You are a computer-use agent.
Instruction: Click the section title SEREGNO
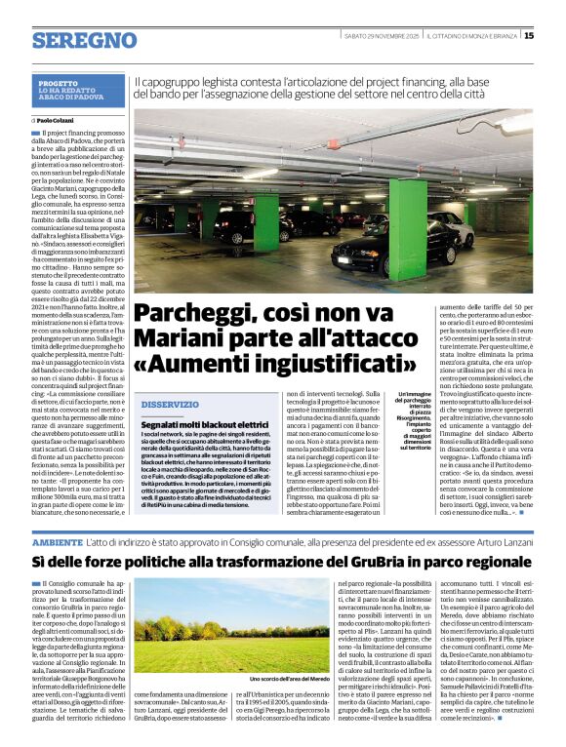tap(84, 39)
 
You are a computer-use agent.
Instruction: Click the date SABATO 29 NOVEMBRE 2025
tap(384, 36)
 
